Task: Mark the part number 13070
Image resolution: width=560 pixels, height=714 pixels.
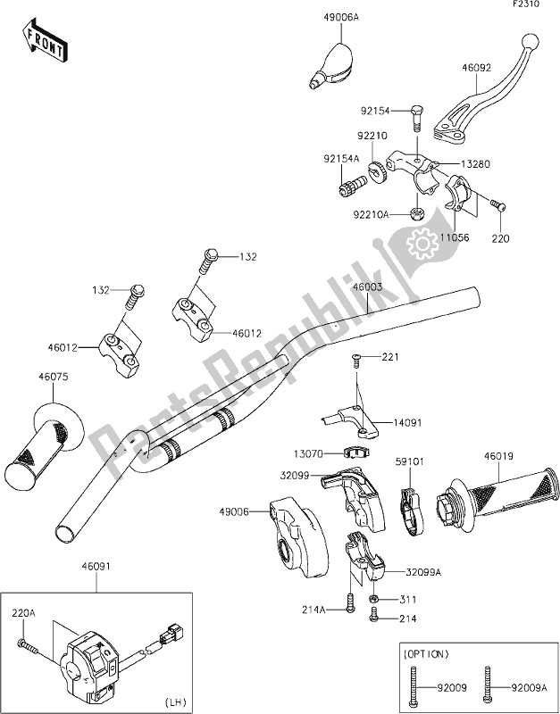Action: click(322, 452)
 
